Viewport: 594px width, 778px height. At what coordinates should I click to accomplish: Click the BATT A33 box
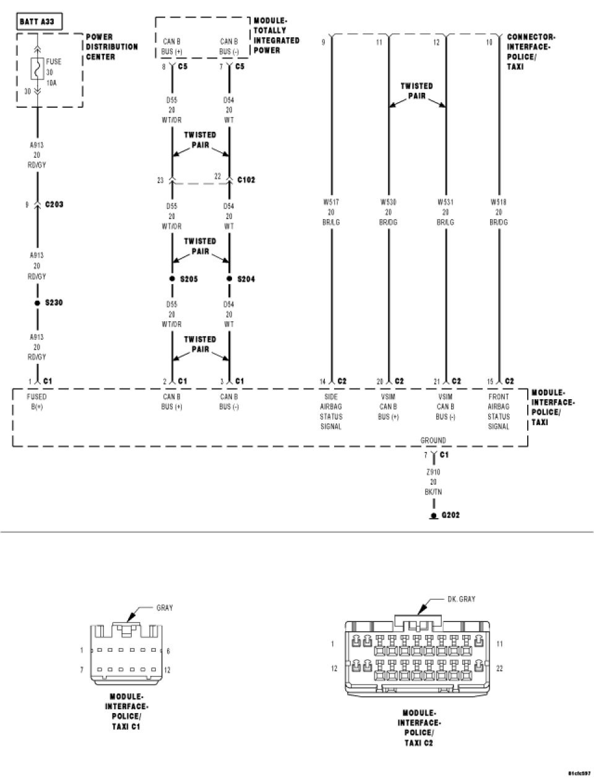click(37, 22)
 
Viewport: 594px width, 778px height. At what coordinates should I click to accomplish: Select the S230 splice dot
click(37, 303)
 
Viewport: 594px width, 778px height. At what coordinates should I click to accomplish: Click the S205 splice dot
click(173, 279)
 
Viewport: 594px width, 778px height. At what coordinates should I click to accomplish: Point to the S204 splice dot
click(230, 279)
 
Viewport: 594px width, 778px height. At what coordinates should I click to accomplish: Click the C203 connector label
click(54, 204)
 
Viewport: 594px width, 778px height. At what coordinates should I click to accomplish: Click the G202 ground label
click(450, 514)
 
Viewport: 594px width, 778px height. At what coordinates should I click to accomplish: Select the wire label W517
click(331, 201)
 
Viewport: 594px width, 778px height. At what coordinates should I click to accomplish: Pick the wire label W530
click(389, 201)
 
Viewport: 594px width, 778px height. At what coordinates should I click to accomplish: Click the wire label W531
click(445, 201)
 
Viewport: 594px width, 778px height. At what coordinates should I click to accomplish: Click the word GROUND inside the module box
click(433, 440)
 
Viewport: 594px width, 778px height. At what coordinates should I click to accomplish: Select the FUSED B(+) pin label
click(37, 402)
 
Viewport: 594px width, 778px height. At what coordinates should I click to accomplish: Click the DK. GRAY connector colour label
click(461, 599)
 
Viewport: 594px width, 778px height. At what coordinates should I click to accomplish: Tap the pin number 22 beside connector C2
click(499, 668)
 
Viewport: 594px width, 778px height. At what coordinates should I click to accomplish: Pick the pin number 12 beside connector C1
click(167, 670)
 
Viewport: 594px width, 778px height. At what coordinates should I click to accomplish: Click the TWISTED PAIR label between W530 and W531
click(416, 91)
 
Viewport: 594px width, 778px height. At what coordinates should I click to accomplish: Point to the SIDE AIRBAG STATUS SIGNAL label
click(331, 412)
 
